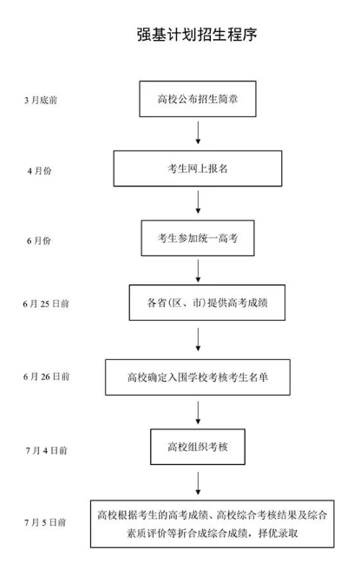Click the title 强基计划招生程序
pyautogui.click(x=197, y=35)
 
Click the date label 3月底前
pyautogui.click(x=41, y=100)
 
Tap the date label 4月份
pyautogui.click(x=40, y=171)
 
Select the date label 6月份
pyautogui.click(x=39, y=240)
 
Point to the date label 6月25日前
pyautogui.click(x=46, y=304)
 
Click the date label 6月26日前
pyautogui.click(x=46, y=376)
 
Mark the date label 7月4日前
pyautogui.click(x=46, y=450)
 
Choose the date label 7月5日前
pyautogui.click(x=45, y=522)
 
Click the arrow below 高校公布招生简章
pyautogui.click(x=198, y=133)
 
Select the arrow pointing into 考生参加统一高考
pyautogui.click(x=198, y=202)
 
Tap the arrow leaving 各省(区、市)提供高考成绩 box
pyautogui.click(x=198, y=339)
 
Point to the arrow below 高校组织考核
pyautogui.click(x=198, y=483)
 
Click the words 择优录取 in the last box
pyautogui.click(x=278, y=534)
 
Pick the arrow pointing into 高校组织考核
pyautogui.click(x=198, y=413)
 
